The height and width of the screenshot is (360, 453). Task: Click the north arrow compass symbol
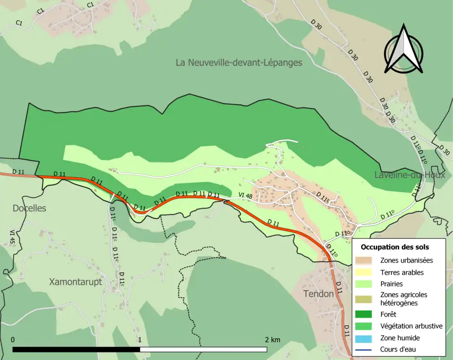coord(403,49)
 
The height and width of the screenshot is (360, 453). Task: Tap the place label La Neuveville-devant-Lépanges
coord(238,62)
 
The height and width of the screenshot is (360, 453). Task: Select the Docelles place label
coord(29,208)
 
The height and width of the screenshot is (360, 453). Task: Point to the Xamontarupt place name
coord(75,282)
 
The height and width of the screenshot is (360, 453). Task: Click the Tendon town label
coord(319,293)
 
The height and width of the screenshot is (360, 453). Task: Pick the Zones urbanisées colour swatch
coord(366,260)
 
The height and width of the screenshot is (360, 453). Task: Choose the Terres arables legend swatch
coord(366,272)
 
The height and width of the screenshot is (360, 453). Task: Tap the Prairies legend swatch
coord(366,285)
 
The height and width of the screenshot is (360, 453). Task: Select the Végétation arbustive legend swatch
coord(366,326)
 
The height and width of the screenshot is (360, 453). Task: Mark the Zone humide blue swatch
coord(366,338)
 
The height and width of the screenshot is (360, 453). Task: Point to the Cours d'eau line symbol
coord(366,350)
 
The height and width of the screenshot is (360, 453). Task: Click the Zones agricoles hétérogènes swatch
coord(366,299)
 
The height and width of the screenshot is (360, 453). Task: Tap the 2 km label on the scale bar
coord(272,340)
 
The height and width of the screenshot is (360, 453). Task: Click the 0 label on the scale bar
coord(13,340)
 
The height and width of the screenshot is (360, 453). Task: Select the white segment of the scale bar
coord(203,350)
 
